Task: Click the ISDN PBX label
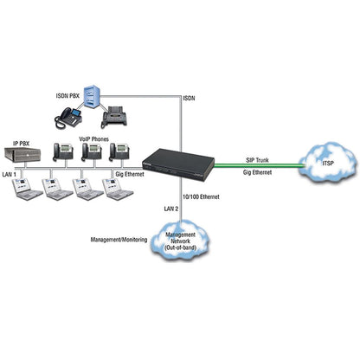point(67,96)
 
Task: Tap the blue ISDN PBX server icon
point(91,97)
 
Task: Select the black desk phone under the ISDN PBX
point(68,119)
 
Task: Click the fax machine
point(114,117)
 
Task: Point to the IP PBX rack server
point(22,154)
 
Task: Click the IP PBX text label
point(22,143)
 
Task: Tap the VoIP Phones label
point(94,139)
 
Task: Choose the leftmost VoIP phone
point(63,151)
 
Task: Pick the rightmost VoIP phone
point(119,151)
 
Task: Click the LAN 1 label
point(10,174)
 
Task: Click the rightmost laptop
point(118,189)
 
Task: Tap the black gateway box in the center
point(179,164)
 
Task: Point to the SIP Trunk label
point(257,160)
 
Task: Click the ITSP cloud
point(327,162)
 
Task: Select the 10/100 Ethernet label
point(201,196)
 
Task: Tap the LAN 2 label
point(171,209)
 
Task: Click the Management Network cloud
point(180,240)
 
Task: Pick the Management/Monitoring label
point(119,240)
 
